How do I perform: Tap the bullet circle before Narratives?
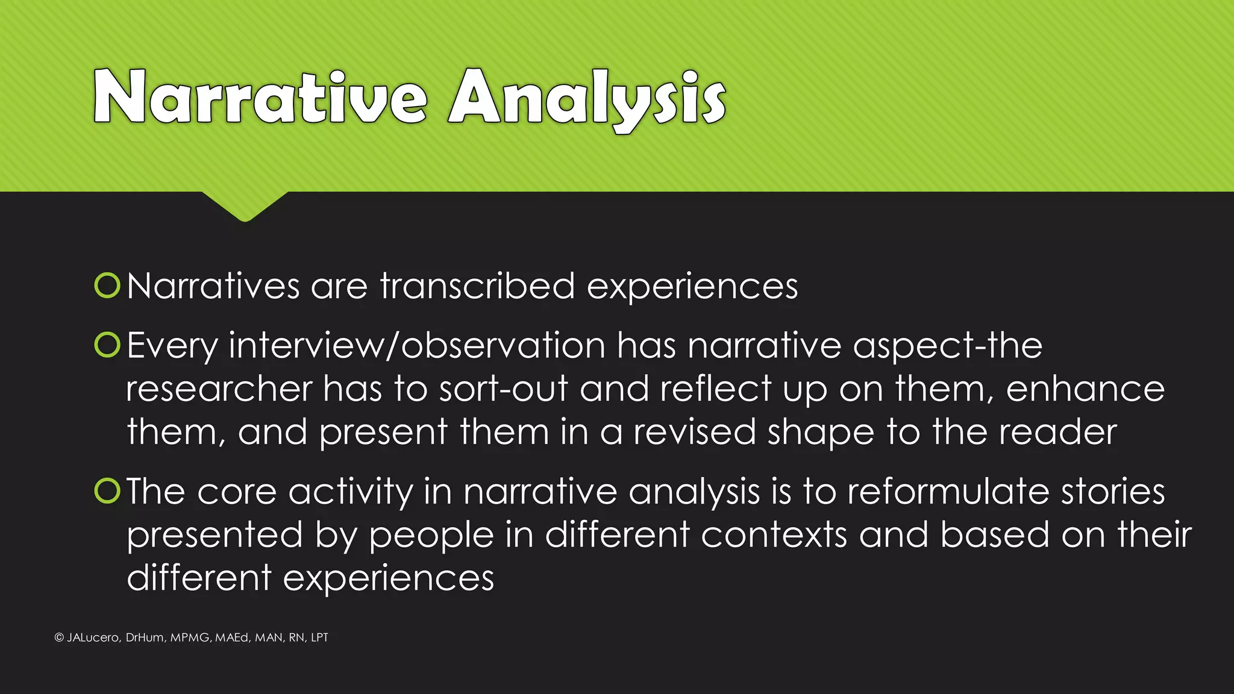(108, 286)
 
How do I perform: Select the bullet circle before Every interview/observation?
(108, 345)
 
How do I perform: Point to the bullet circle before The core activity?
(108, 491)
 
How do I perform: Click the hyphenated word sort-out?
(503, 389)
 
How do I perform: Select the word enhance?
(1085, 389)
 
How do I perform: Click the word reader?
(1058, 432)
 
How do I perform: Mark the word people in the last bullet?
(431, 536)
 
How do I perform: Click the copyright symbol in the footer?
(59, 637)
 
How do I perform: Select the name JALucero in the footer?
(93, 637)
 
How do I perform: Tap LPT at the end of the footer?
(319, 637)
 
